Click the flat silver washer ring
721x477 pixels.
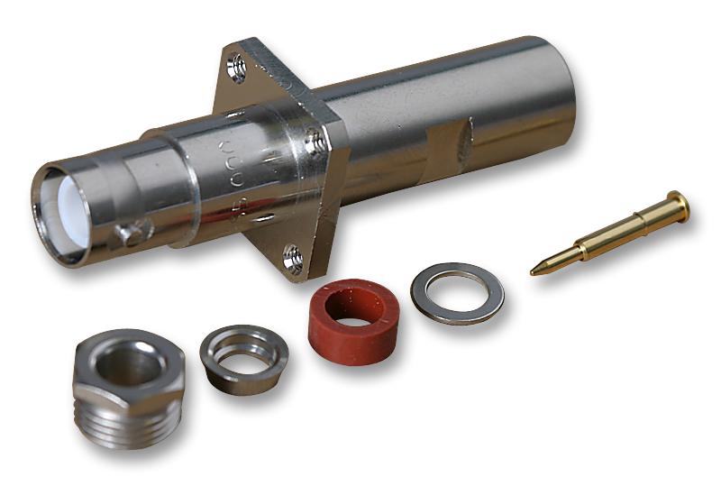coord(457,292)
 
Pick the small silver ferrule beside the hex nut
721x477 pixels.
coord(243,357)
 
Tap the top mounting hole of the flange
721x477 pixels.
coord(237,67)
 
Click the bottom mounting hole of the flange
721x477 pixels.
coord(293,259)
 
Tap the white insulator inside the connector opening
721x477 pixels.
coord(70,211)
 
